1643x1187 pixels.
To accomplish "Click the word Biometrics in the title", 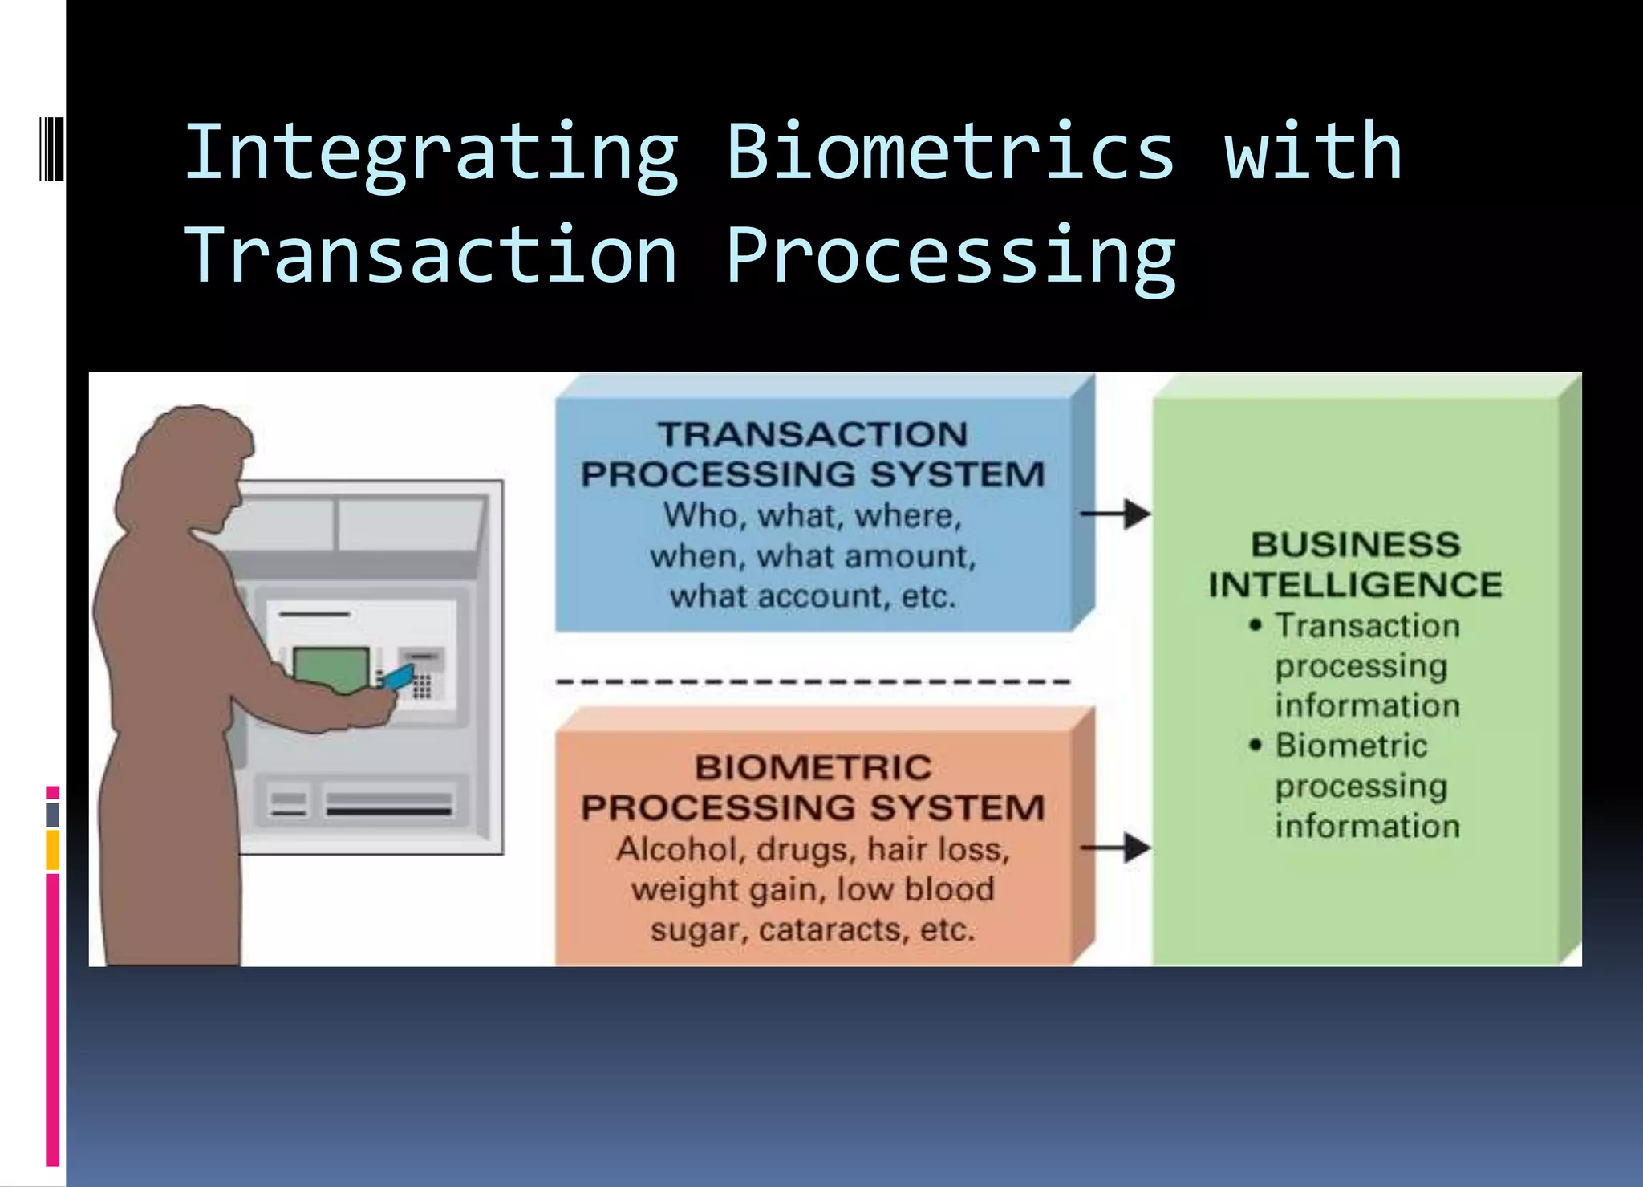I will pyautogui.click(x=950, y=152).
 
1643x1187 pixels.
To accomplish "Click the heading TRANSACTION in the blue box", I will pyautogui.click(x=813, y=435).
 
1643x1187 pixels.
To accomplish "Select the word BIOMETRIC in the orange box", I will pyautogui.click(x=813, y=768).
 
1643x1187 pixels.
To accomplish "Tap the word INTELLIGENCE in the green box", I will pyautogui.click(x=1355, y=585).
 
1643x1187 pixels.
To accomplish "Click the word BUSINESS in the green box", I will pyautogui.click(x=1355, y=545).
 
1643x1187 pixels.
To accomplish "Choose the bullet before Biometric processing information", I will pyautogui.click(x=1256, y=745).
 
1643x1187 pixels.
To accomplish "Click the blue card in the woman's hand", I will pyautogui.click(x=397, y=677).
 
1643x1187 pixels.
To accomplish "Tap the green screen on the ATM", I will pyautogui.click(x=331, y=668).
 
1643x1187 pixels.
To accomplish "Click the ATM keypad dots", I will pyautogui.click(x=422, y=687).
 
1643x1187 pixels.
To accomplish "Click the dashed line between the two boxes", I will pyautogui.click(x=813, y=681).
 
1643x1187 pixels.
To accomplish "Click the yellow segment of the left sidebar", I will pyautogui.click(x=52, y=851).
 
